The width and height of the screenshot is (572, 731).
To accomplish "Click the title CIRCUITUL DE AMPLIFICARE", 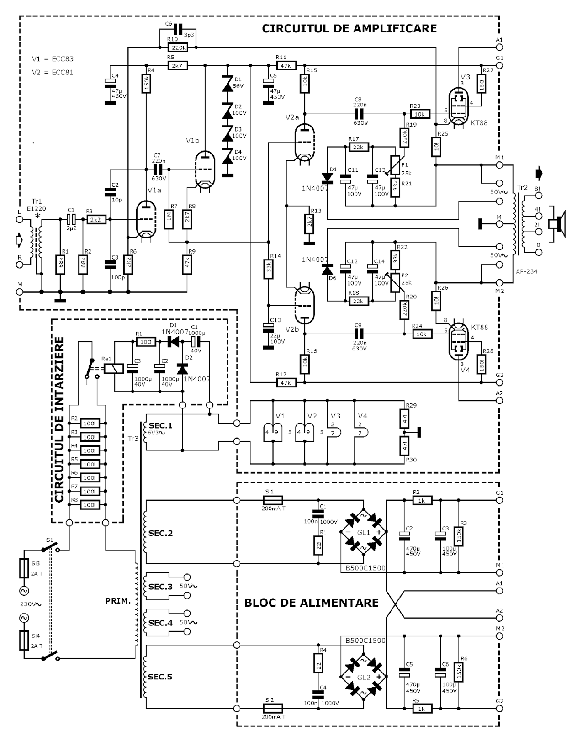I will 349,28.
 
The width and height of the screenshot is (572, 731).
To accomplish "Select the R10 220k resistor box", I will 178,47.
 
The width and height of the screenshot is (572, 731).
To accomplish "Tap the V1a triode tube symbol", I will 146,221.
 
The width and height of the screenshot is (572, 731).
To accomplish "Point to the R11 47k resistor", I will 286,65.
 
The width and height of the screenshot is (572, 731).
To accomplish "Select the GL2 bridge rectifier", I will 364,677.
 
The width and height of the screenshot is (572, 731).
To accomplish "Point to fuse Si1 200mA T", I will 273,500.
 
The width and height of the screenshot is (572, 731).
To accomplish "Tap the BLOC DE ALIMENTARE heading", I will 311,603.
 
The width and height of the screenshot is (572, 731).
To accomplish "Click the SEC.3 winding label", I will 160,587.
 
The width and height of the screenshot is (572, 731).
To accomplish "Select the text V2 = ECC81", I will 53,72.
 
